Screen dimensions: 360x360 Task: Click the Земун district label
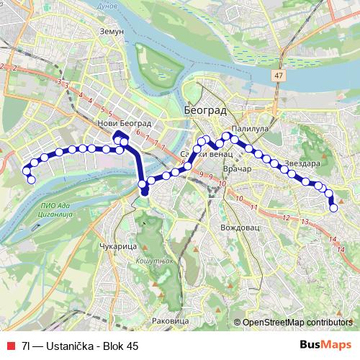(113, 32)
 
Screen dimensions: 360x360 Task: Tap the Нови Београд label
(120, 123)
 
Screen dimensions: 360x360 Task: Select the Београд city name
(205, 111)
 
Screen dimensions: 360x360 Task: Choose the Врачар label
(236, 168)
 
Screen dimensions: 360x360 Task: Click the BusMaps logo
(325, 345)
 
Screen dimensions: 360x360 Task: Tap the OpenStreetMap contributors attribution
(296, 322)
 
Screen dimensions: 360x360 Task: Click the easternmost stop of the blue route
(333, 209)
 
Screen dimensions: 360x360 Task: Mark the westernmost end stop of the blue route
(31, 179)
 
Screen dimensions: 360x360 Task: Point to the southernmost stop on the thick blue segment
(144, 192)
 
